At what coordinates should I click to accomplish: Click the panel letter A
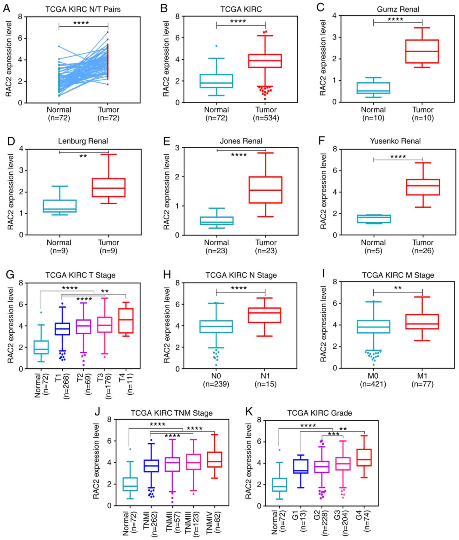point(7,8)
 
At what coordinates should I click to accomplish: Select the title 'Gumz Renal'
point(398,9)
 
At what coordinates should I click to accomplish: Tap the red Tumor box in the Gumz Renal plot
point(422,51)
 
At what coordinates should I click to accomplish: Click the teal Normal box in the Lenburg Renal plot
point(60,206)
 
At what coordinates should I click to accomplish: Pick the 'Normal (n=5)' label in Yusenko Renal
point(373,246)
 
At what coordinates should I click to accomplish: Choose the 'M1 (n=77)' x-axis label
point(422,380)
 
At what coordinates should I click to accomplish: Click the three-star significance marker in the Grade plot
point(334,434)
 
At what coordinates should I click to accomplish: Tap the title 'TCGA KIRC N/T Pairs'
point(83,9)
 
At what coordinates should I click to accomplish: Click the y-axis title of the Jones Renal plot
point(166,192)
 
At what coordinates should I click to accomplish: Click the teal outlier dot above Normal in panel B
point(216,46)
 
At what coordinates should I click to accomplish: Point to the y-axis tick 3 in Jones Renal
point(177,148)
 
